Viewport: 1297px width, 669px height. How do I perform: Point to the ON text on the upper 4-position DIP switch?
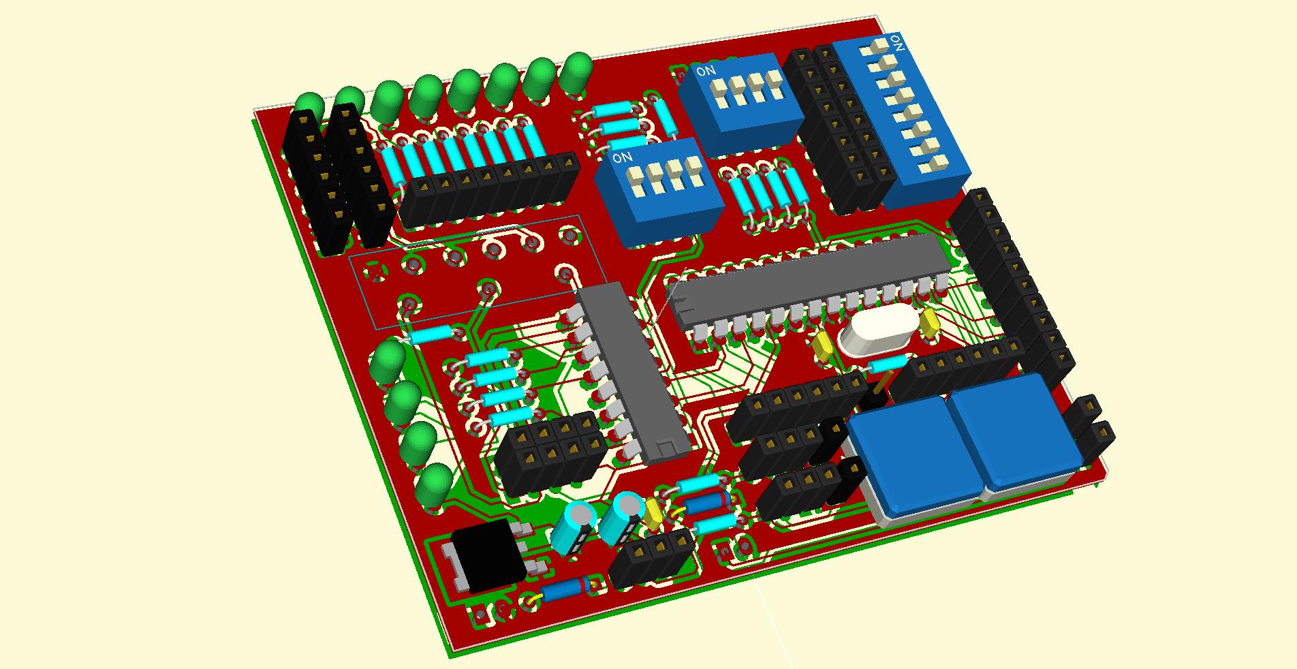pyautogui.click(x=705, y=70)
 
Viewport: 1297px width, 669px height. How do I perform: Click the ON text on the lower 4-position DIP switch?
pyautogui.click(x=622, y=158)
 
